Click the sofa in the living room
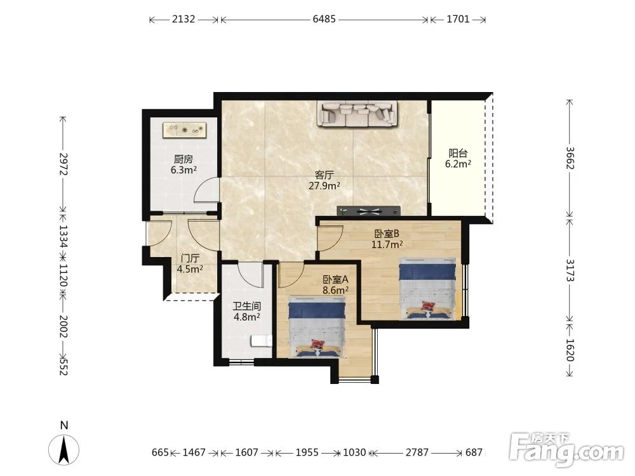pyautogui.click(x=358, y=114)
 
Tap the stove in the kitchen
pyautogui.click(x=184, y=130)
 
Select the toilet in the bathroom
pyautogui.click(x=261, y=341)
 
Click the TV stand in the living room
pyautogui.click(x=368, y=211)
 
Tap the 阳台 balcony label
pyautogui.click(x=458, y=154)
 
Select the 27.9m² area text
pyautogui.click(x=324, y=186)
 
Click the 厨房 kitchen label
pyautogui.click(x=184, y=159)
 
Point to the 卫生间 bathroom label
pyautogui.click(x=246, y=307)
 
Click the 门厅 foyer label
pyautogui.click(x=190, y=258)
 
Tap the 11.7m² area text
pyautogui.click(x=387, y=244)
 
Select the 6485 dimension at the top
pyautogui.click(x=324, y=19)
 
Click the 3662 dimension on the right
pyautogui.click(x=570, y=158)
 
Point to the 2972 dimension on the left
pyautogui.click(x=63, y=164)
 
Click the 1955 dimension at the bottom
pyautogui.click(x=307, y=452)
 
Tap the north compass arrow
pyautogui.click(x=63, y=449)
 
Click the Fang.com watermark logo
pyautogui.click(x=567, y=449)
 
